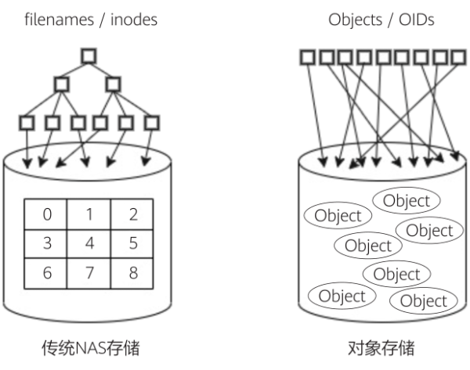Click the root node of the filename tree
pos(89,55)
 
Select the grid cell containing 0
pos(46,214)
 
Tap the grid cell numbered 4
pos(89,242)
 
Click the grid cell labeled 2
pos(132,214)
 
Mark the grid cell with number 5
pos(132,242)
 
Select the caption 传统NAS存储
pos(89,347)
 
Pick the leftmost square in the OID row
pos(308,56)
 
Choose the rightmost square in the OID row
pos(458,56)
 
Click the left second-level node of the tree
pos(62,83)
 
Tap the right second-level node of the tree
pos(114,83)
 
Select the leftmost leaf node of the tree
pos(27,122)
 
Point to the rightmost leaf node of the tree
pos(152,122)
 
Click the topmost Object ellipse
pos(406,200)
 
